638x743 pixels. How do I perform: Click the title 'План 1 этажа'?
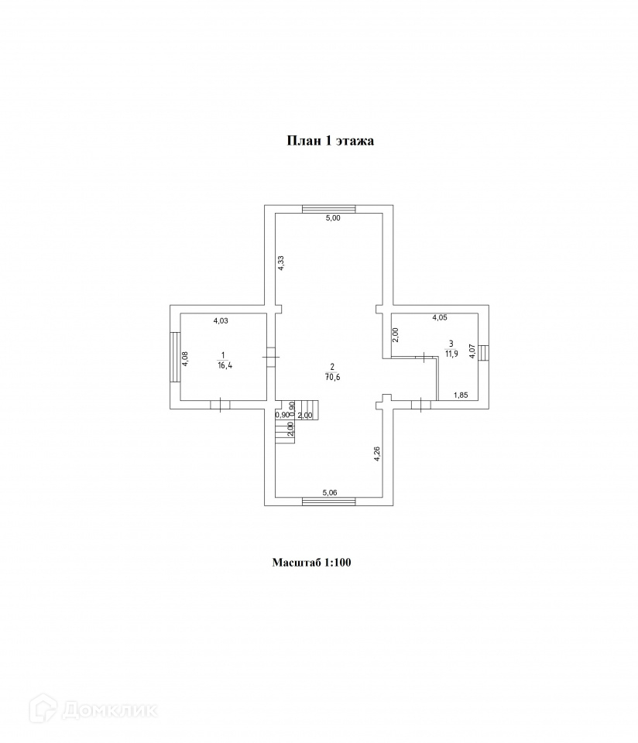tap(331, 141)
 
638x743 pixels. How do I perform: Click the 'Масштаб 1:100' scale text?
tap(311, 563)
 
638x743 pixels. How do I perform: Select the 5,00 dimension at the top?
tap(332, 218)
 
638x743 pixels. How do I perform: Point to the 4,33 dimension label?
tap(282, 262)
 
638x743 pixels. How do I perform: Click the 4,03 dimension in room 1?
tap(221, 319)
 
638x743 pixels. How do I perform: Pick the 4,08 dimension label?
tap(185, 361)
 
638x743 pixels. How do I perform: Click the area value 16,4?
tap(223, 365)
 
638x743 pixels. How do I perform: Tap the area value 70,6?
tap(332, 377)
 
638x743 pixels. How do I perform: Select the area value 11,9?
tap(450, 354)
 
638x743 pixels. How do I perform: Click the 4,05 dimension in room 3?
tap(439, 317)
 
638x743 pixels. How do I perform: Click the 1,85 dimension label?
tap(460, 395)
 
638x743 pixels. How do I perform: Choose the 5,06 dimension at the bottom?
tap(331, 491)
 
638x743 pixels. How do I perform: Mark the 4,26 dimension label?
tap(376, 453)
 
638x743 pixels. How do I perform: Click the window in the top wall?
tap(328, 207)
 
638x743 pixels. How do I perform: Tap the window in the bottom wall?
tap(328, 502)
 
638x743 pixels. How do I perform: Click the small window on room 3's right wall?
tap(482, 352)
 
